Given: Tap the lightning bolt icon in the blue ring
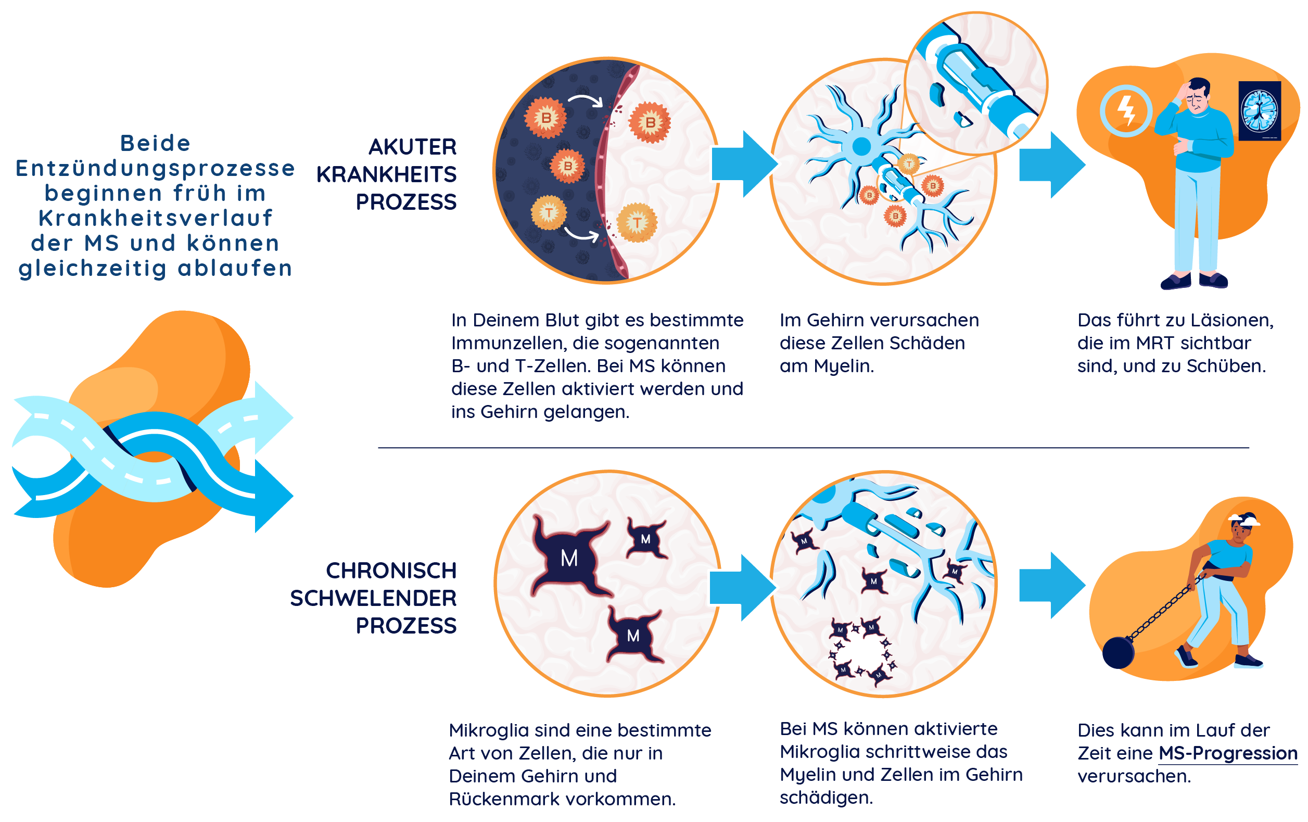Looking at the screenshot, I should [x=1126, y=111].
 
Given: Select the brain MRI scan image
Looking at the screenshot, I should [x=1259, y=111].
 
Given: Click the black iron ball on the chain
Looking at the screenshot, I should [x=1119, y=652].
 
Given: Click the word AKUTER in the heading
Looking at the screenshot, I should [x=412, y=147].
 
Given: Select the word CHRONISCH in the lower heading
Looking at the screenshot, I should [x=391, y=571].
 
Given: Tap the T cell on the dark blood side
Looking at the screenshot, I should [x=549, y=212].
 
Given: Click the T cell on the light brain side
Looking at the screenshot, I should [x=637, y=222].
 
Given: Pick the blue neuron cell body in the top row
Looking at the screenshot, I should [x=861, y=146].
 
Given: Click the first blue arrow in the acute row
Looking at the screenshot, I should [x=744, y=163].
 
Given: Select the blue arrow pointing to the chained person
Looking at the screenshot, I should [x=1051, y=585].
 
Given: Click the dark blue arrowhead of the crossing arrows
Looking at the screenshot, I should [x=274, y=496].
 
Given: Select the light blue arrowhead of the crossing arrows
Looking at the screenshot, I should [x=274, y=418].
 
